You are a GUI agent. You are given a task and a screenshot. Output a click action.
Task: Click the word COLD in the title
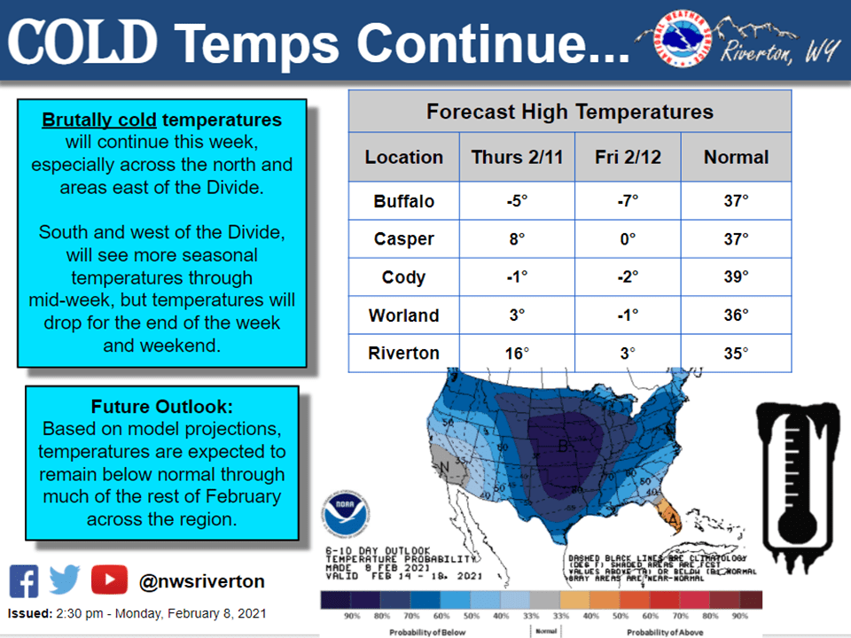[x=85, y=42]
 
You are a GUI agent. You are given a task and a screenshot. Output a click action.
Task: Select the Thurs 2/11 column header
[x=517, y=157]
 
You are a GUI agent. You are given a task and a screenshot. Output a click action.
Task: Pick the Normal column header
[x=736, y=157]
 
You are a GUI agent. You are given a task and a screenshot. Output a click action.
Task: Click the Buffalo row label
[x=403, y=201]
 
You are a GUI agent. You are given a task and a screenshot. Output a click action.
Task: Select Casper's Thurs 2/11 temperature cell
[x=517, y=239]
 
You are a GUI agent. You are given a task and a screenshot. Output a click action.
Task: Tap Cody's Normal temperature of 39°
[x=736, y=277]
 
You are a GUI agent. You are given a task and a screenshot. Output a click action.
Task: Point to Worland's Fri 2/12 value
[x=628, y=315]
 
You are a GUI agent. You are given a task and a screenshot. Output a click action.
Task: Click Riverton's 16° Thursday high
[x=517, y=353]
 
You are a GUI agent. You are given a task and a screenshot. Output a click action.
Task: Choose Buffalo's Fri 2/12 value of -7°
[x=628, y=201]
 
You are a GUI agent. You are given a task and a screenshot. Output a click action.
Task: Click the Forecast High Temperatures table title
[x=569, y=112]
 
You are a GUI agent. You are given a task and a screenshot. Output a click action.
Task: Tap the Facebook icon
[x=24, y=581]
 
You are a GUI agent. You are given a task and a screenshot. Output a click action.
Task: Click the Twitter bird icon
[x=65, y=581]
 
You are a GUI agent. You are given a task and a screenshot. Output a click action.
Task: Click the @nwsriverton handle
[x=202, y=582]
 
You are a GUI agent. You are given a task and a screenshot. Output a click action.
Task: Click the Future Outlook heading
[x=161, y=408]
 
